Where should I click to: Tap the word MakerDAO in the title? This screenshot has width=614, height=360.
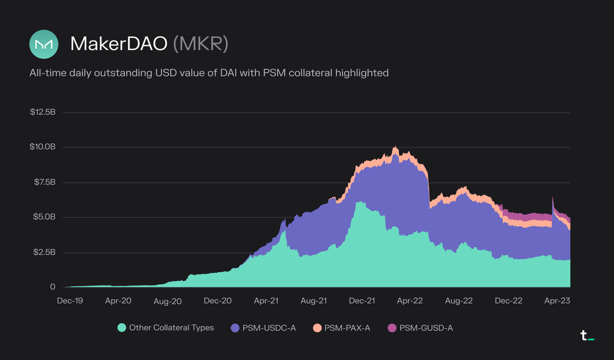[x=119, y=44]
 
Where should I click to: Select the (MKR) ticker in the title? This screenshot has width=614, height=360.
[x=201, y=44]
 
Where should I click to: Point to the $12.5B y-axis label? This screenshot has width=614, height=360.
[x=42, y=112]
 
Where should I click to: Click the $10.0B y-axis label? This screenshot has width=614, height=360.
[x=42, y=147]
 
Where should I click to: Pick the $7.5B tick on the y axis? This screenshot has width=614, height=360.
[x=44, y=183]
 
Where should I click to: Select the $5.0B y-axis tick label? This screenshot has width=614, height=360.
[x=44, y=217]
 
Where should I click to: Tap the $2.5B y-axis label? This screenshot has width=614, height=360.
[x=44, y=253]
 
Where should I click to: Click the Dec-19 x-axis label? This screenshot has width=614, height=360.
[x=70, y=301]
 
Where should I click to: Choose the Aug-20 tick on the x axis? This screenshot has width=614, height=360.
[x=168, y=301]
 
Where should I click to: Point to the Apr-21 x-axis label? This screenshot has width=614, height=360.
[x=266, y=301]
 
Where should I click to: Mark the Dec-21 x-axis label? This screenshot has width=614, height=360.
[x=362, y=301]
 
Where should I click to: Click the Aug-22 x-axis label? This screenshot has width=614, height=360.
[x=459, y=301]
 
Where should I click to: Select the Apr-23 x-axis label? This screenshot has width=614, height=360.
[x=557, y=301]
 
